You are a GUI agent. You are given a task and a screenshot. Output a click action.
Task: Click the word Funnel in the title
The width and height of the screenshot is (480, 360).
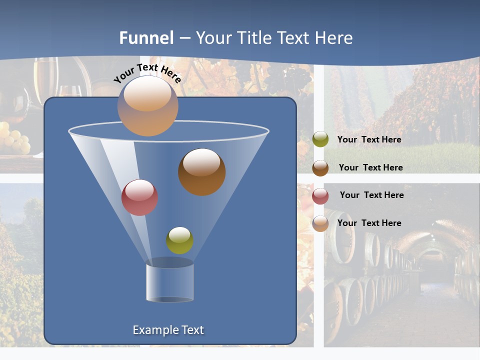pos(146,38)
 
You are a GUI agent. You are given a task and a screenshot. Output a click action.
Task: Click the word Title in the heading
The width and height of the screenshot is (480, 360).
pos(254,38)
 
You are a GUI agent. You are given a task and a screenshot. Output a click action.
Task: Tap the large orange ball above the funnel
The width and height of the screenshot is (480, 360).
pos(147,106)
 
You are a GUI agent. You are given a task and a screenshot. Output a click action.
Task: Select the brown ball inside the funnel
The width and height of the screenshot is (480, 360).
pos(202,172)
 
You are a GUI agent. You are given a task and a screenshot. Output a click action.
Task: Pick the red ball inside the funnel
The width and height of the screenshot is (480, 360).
pos(139,197)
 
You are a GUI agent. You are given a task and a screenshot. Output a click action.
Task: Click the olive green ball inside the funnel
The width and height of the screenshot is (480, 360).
pos(179,240)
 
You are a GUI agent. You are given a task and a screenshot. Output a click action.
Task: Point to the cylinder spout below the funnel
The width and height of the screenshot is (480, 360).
pos(170,282)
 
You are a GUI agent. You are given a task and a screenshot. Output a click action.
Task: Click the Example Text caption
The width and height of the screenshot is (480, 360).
pos(168,330)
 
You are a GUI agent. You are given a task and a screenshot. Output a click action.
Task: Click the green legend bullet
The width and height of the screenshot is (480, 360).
pos(320,139)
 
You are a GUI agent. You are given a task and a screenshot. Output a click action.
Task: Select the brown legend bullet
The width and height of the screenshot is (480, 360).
pos(320,168)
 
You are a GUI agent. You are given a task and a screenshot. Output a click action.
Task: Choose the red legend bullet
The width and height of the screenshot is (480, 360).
pos(320,196)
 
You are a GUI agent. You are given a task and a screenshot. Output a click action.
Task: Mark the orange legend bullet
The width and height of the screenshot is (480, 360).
pos(320,223)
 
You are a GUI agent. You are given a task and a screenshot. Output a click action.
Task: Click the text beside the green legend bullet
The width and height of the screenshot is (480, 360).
pos(369,139)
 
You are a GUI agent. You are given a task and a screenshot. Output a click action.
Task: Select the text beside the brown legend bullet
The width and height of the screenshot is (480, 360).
pos(370,167)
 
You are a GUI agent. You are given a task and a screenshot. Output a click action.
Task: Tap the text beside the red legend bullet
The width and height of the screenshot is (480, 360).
pos(371,195)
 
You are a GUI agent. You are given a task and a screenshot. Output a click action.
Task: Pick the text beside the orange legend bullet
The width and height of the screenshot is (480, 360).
pos(369,223)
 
